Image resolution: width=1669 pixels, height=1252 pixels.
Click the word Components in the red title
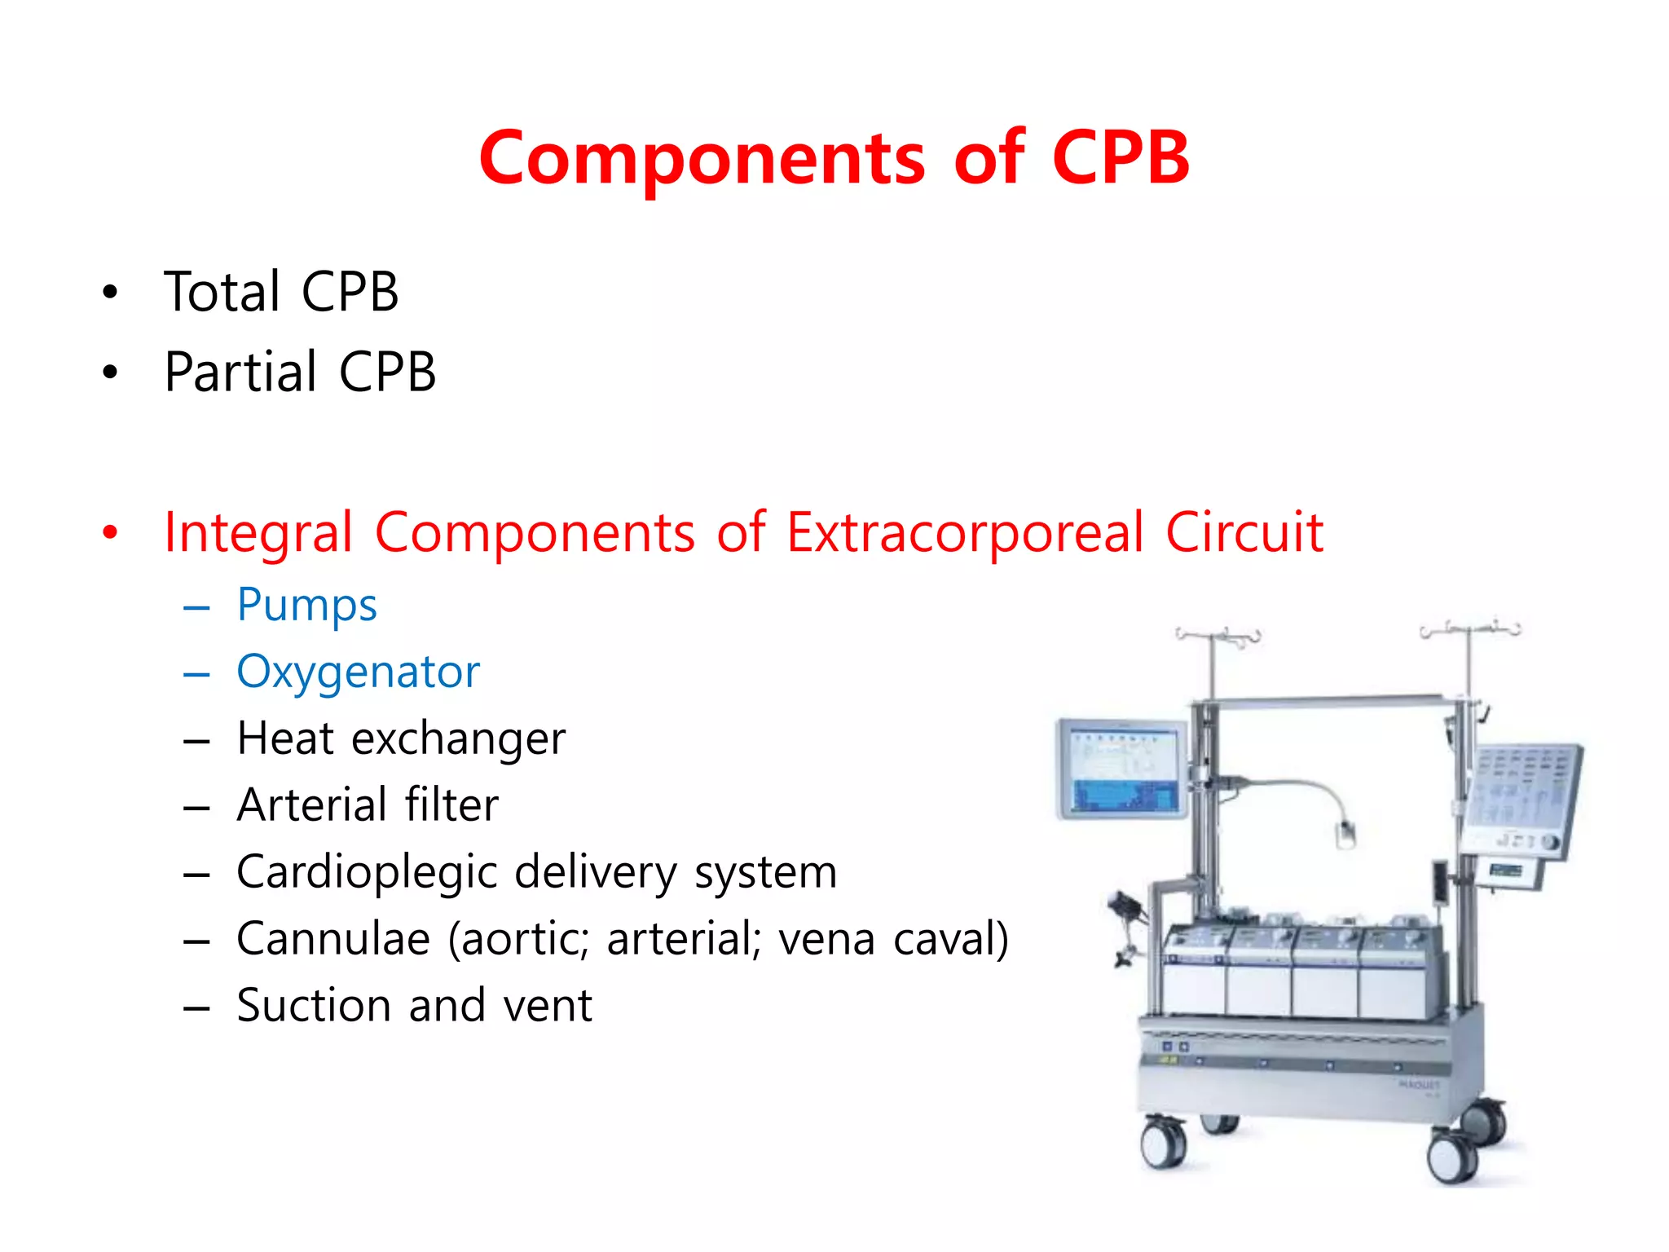point(702,159)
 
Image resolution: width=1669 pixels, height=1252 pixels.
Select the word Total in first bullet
point(222,292)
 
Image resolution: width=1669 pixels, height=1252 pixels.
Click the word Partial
point(240,373)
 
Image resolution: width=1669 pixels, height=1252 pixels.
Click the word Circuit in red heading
point(1244,533)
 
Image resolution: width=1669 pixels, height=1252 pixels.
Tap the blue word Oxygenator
point(358,673)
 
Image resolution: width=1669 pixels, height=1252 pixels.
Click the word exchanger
point(458,739)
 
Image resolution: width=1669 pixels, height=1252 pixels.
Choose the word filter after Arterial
point(451,805)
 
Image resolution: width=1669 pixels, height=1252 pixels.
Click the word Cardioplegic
point(367,873)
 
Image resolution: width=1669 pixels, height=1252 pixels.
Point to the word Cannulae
point(332,939)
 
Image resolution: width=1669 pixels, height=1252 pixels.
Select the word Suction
point(314,1006)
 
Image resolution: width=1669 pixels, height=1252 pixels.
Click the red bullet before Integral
point(110,533)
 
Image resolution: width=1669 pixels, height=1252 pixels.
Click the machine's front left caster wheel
point(1163,1144)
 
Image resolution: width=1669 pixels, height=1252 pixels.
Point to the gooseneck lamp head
point(1345,835)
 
